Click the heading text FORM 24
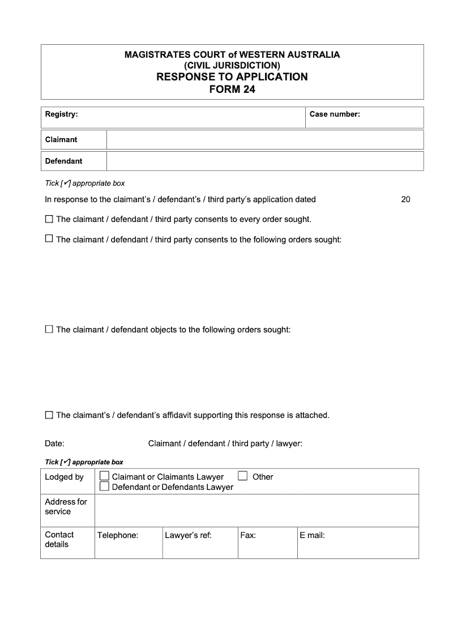[232, 89]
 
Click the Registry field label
[61, 114]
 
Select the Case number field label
[335, 114]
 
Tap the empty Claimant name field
[264, 140]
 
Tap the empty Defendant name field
[264, 161]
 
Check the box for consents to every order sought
[49, 219]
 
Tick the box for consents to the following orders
[49, 239]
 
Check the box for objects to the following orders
[49, 329]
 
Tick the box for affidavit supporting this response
[49, 415]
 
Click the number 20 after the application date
[405, 199]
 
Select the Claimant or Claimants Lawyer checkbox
[104, 476]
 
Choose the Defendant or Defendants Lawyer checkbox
[104, 487]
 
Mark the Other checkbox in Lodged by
[243, 476]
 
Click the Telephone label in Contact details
[118, 535]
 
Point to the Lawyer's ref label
[188, 535]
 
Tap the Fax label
[248, 535]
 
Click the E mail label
[312, 535]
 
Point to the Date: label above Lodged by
[54, 443]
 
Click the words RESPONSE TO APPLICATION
[232, 77]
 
